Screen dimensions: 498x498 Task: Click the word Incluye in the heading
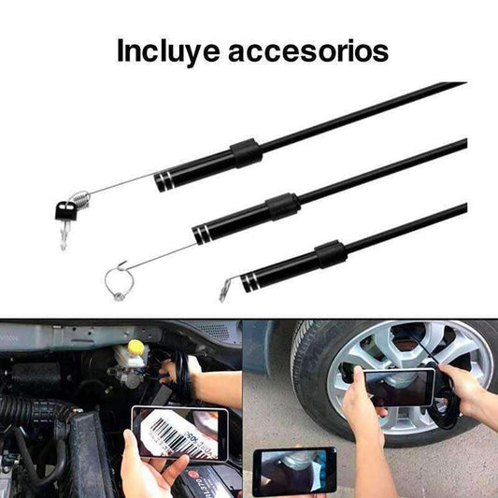click(168, 50)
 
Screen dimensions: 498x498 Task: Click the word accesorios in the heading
click(308, 51)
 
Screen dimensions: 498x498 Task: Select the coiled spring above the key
click(81, 199)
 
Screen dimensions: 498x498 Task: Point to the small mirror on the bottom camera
click(224, 291)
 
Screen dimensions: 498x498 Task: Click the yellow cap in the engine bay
click(135, 348)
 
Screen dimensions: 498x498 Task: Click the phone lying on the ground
click(294, 471)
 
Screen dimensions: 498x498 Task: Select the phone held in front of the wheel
click(399, 388)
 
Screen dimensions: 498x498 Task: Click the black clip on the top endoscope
click(246, 153)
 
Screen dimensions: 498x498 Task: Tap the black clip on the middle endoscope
click(283, 206)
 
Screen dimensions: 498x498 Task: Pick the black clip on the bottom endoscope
click(331, 254)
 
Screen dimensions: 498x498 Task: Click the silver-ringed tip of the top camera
click(164, 181)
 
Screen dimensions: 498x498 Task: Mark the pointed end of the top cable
click(466, 82)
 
